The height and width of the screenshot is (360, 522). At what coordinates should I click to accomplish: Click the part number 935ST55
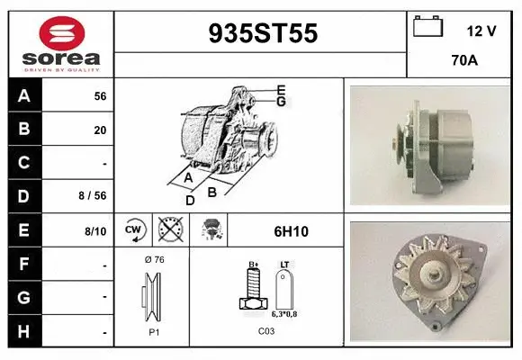(263, 33)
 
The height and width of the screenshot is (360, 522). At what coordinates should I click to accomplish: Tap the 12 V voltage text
(481, 31)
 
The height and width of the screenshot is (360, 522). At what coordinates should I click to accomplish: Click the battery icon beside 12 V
(427, 28)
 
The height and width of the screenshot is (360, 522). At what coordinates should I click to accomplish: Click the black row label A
(24, 95)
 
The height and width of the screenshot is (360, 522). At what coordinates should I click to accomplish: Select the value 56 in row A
(100, 96)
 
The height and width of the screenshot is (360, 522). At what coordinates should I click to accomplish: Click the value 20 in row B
(100, 130)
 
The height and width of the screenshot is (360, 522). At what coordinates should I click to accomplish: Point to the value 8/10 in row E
(95, 231)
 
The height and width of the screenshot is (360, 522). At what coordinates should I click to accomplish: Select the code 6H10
(290, 231)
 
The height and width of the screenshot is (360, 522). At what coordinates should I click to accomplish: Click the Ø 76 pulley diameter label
(152, 260)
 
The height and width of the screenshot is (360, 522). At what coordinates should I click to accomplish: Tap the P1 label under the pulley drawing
(153, 331)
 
